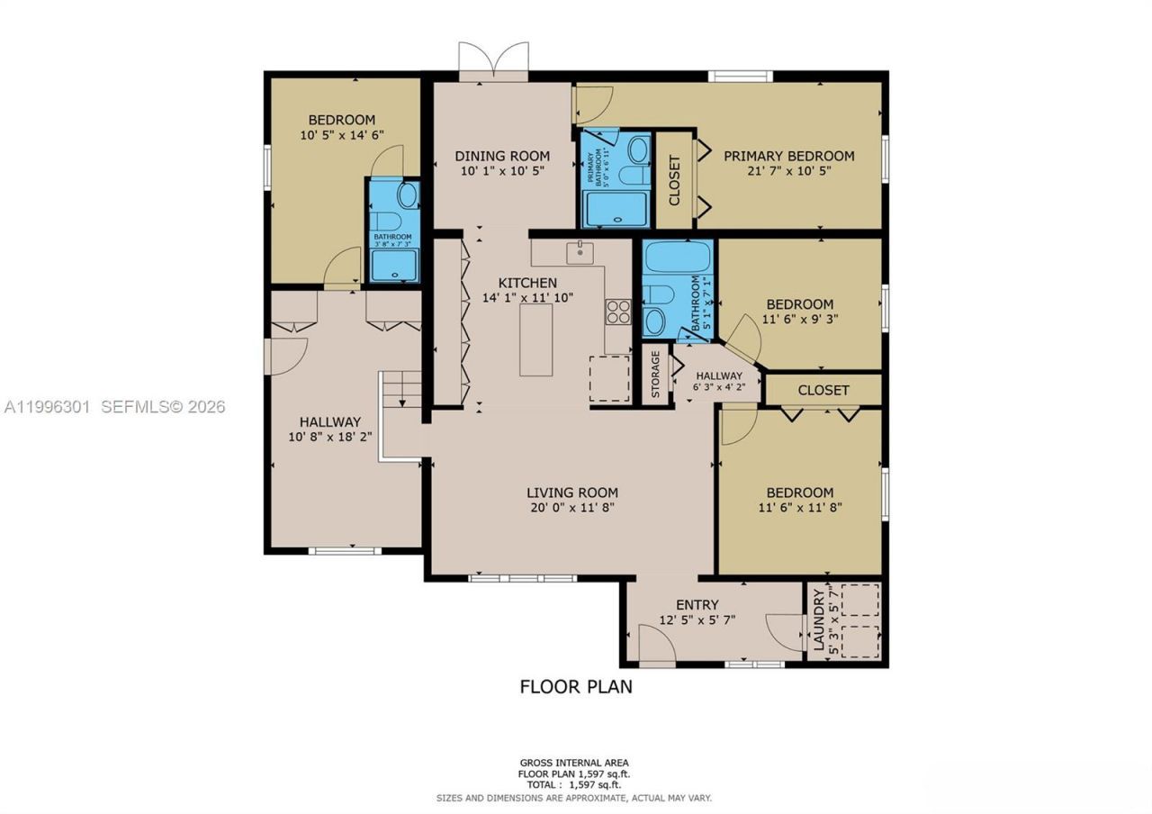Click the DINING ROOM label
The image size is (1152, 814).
[x=501, y=156]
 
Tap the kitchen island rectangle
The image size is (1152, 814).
[x=535, y=339]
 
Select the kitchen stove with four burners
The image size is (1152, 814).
[x=618, y=312]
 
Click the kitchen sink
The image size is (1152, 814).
[x=580, y=251]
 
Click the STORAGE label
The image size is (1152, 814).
[x=655, y=375]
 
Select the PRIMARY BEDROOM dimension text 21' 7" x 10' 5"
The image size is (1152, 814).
[x=789, y=170]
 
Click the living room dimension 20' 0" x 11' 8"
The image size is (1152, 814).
[x=572, y=507]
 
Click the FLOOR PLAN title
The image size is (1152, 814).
[x=576, y=686]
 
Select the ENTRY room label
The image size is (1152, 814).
[x=697, y=604]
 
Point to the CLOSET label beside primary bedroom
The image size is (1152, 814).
[x=674, y=180]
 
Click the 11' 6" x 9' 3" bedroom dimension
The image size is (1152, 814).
[x=798, y=319]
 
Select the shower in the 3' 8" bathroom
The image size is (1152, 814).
[x=394, y=266]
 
